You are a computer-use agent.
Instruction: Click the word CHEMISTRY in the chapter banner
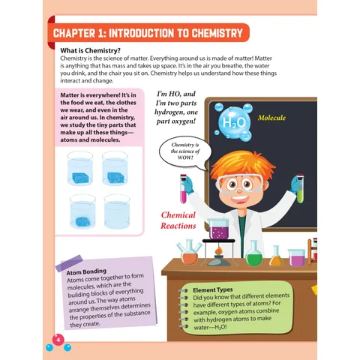click(217, 33)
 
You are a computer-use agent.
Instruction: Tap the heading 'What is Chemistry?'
click(90, 51)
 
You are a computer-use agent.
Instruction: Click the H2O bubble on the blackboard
click(233, 122)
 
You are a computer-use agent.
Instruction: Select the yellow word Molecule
click(271, 118)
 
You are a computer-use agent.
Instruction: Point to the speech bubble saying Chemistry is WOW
click(185, 151)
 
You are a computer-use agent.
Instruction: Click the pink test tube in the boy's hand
click(184, 188)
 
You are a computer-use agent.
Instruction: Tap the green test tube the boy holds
click(300, 188)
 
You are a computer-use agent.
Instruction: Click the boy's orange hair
click(241, 163)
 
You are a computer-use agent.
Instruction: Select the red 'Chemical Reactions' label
click(178, 220)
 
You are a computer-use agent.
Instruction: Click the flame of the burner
click(218, 250)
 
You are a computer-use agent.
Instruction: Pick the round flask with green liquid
click(253, 253)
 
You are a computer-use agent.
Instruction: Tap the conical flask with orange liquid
click(276, 256)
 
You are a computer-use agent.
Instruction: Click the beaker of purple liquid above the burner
click(218, 229)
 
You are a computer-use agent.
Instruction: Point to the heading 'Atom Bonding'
click(86, 271)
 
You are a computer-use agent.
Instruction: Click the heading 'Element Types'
click(213, 290)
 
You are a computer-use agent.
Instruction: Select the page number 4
click(58, 340)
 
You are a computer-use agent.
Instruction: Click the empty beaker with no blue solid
click(117, 211)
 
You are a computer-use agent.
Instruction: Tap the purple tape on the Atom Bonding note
click(69, 263)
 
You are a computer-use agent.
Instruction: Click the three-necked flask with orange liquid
click(189, 253)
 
